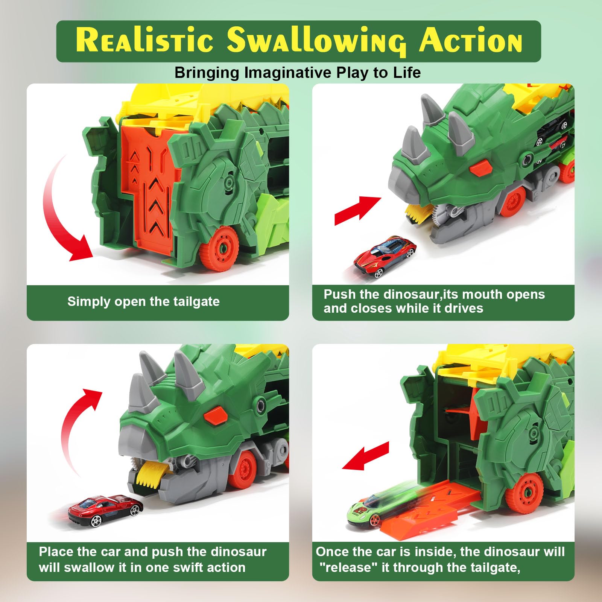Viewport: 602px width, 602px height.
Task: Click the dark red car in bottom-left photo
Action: [106, 510]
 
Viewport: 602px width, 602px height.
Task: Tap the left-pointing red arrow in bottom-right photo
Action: [365, 456]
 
